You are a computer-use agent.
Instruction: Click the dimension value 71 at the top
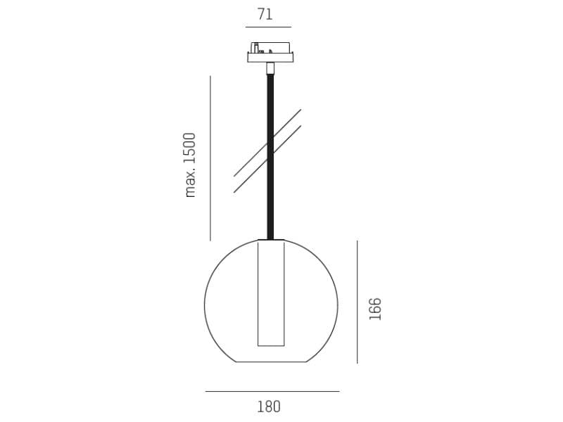pos(265,14)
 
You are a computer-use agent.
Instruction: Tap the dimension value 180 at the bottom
pos(268,407)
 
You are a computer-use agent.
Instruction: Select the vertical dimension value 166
pos(375,309)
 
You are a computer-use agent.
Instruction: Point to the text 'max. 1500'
pos(190,165)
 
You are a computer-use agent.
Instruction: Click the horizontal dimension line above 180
pos(272,391)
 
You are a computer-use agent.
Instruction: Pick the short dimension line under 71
pos(267,27)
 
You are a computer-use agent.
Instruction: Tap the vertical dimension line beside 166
pos(357,302)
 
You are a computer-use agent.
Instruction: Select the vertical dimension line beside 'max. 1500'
pos(210,158)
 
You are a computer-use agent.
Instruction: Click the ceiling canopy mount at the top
pos(270,52)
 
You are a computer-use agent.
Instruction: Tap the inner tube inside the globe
pos(271,295)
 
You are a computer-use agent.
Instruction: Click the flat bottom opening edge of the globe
pos(271,362)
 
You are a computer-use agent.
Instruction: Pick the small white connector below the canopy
pos(270,68)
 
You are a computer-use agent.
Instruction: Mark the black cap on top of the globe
pos(271,240)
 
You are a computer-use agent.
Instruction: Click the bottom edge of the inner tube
pos(271,345)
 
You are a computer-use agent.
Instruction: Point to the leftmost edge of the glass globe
pos(205,305)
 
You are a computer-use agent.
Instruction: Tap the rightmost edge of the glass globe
pos(338,305)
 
